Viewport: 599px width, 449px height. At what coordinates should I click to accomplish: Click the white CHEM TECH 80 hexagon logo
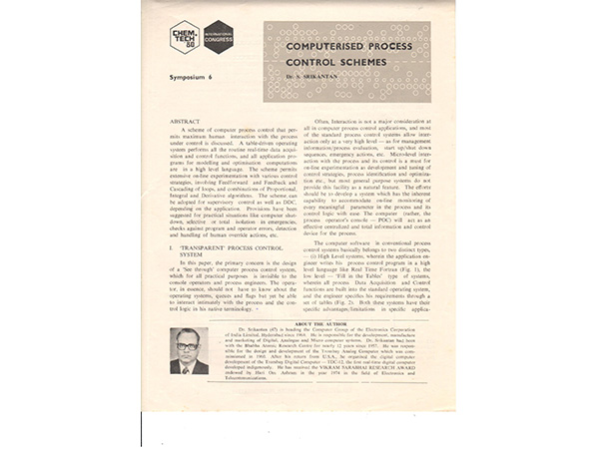185,37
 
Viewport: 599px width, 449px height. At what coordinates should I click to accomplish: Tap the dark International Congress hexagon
218,37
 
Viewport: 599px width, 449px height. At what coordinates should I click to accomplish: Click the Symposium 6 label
195,77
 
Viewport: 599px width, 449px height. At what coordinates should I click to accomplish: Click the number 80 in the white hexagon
185,46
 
